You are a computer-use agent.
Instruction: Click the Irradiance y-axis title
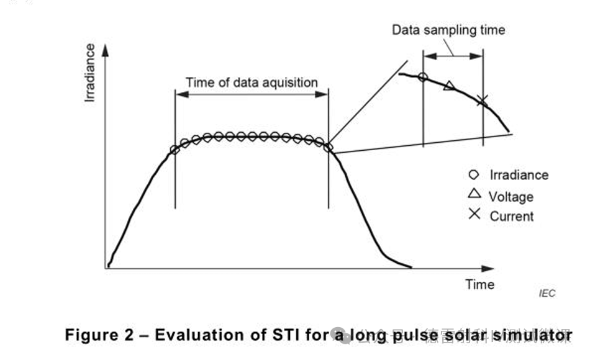click(90, 73)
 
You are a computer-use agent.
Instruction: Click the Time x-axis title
click(480, 284)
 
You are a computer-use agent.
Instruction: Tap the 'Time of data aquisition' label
click(252, 83)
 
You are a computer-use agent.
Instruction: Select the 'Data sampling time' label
click(448, 30)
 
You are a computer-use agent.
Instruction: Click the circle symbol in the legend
click(474, 174)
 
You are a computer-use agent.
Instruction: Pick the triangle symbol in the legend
click(474, 195)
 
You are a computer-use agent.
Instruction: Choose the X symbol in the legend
click(474, 215)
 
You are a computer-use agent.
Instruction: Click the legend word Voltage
click(511, 197)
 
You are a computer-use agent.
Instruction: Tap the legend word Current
click(511, 216)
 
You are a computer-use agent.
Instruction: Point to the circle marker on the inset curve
click(423, 77)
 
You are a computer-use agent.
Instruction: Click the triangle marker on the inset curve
click(449, 86)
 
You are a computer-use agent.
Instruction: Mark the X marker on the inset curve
click(482, 99)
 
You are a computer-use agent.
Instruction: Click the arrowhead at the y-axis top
click(106, 50)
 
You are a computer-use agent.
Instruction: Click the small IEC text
click(547, 293)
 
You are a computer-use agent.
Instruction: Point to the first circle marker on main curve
click(175, 149)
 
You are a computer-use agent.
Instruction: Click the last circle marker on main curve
click(329, 148)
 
